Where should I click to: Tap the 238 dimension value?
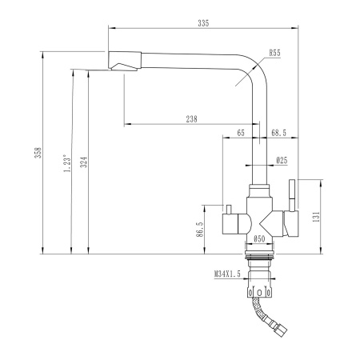click(191, 118)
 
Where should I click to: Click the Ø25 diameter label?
click(282, 161)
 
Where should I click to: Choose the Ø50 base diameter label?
click(258, 238)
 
